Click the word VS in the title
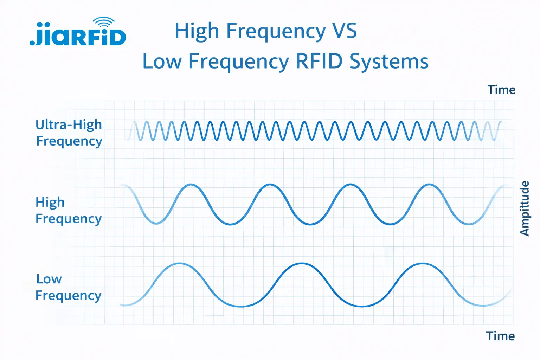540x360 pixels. click(345, 31)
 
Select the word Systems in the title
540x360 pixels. click(389, 62)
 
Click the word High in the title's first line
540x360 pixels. click(197, 31)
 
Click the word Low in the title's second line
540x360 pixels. click(162, 62)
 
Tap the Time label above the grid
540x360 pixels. click(501, 90)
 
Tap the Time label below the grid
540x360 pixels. click(501, 336)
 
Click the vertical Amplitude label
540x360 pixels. click(524, 208)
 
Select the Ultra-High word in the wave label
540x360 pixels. click(69, 125)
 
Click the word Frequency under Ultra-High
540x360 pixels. click(69, 141)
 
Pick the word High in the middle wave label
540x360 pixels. click(50, 202)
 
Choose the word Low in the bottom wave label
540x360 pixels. click(49, 279)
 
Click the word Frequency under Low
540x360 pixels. click(69, 295)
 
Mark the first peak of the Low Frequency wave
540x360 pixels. click(180, 263)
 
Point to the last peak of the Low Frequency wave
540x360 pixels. click(423, 263)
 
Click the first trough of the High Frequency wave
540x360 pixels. click(156, 223)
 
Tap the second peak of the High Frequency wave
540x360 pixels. click(270, 184)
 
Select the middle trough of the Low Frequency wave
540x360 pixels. click(362, 306)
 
